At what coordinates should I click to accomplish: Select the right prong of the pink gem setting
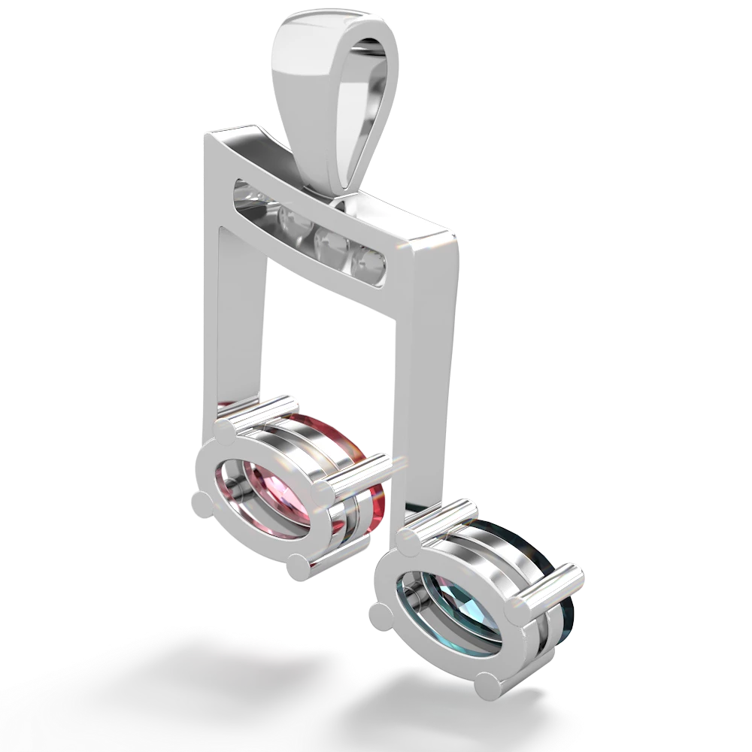tap(324, 493)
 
